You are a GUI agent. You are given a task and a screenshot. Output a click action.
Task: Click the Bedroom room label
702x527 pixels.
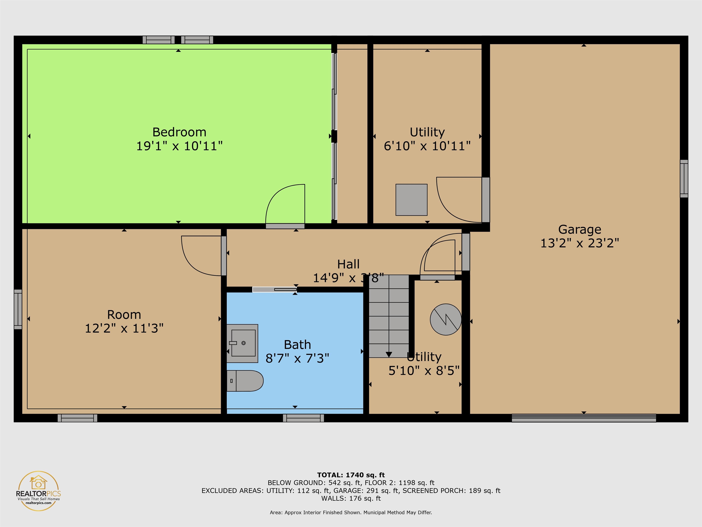coord(179,132)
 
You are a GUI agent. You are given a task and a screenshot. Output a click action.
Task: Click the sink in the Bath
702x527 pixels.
coord(242,343)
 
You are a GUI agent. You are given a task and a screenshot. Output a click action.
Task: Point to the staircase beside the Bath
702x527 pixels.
coord(389,316)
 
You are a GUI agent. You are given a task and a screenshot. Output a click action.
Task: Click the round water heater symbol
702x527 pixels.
coord(446,319)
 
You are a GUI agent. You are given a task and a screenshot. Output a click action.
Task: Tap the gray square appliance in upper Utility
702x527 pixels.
coord(411,200)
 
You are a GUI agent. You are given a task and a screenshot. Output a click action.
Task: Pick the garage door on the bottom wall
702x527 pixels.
coord(584,418)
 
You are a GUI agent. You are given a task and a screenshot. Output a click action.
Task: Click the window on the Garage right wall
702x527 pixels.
coord(684,178)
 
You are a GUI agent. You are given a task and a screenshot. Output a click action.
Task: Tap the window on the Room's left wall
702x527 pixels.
coord(18,309)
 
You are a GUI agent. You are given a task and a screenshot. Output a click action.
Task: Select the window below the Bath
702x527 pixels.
coord(303,418)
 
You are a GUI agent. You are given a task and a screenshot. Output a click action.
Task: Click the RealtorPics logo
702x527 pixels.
coord(38,491)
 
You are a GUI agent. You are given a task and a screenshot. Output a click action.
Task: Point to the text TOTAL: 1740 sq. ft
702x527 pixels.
coord(351,475)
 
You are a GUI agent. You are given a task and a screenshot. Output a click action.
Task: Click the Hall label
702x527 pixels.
coord(348,264)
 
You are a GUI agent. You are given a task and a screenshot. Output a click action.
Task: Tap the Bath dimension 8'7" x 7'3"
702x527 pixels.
coord(297,358)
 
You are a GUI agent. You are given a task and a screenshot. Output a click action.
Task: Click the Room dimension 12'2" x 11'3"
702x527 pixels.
coord(124,328)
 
